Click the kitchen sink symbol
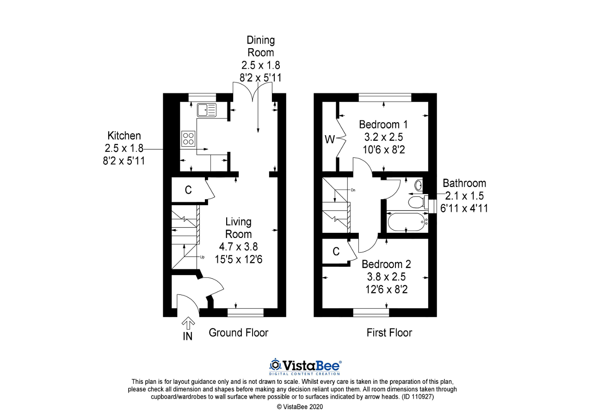(x=206, y=110)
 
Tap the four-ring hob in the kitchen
(x=188, y=138)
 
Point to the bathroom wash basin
(x=418, y=185)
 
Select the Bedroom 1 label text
(x=383, y=125)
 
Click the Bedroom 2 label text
(x=386, y=264)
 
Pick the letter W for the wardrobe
(x=329, y=139)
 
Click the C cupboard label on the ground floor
(x=188, y=190)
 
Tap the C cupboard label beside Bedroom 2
(x=336, y=251)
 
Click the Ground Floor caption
(x=238, y=332)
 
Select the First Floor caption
(x=389, y=332)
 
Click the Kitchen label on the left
(x=124, y=136)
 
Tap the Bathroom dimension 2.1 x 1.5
(x=464, y=196)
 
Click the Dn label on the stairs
(x=353, y=190)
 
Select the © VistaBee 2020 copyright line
(x=299, y=407)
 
